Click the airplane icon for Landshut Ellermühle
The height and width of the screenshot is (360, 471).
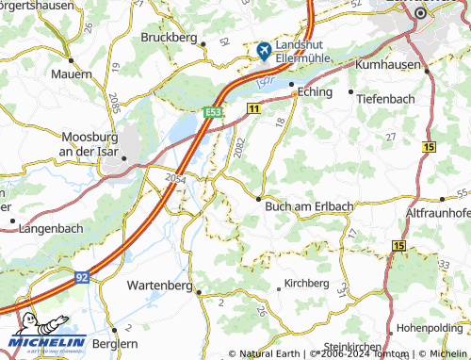tap(263, 49)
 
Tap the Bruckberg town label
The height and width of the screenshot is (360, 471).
tap(169, 38)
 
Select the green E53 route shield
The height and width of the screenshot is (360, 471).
tap(213, 112)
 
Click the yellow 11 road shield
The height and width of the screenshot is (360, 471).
tap(254, 110)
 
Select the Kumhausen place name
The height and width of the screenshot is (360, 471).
tap(387, 66)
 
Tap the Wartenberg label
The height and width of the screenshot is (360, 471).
tap(159, 285)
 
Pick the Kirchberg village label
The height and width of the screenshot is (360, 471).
tap(307, 283)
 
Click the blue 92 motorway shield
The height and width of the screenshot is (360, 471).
tap(83, 277)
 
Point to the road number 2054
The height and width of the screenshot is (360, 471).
tap(175, 177)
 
